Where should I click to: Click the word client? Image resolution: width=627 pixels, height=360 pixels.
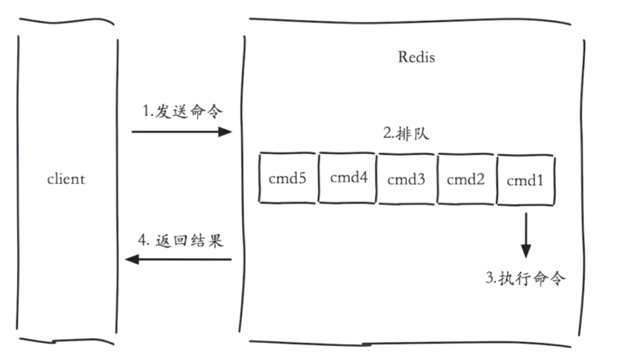point(66,179)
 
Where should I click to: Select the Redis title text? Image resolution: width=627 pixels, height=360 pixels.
point(416,57)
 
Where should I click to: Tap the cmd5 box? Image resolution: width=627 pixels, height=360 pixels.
point(288,179)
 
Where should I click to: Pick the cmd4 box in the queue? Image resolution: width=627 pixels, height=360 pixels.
point(348,177)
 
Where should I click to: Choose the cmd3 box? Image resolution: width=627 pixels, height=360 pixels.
point(407,179)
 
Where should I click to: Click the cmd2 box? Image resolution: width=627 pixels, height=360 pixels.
point(465,179)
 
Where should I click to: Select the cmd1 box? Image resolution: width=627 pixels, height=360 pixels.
point(526,180)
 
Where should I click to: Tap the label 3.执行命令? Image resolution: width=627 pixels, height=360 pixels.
point(525,278)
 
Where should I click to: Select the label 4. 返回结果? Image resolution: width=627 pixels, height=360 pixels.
point(180,241)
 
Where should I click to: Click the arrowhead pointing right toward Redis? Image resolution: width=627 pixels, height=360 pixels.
point(225,132)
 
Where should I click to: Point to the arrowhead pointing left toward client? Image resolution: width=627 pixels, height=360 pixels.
point(132,259)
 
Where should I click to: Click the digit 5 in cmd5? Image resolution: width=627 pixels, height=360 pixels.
point(302,179)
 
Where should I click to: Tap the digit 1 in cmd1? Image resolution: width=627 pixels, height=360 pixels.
point(540,180)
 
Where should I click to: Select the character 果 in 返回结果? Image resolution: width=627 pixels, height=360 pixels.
point(215,241)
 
